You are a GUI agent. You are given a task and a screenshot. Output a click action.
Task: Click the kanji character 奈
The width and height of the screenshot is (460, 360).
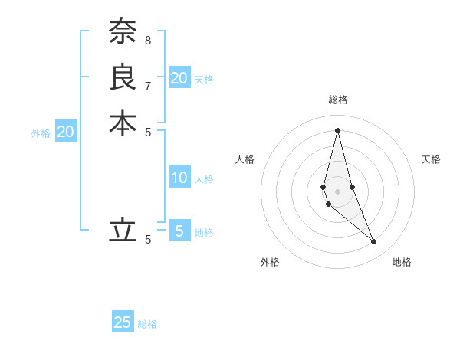[x=123, y=31]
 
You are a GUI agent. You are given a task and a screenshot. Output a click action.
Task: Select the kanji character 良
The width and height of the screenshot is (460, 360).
[x=123, y=77]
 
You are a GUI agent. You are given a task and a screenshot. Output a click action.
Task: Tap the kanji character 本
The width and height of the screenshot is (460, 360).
[x=123, y=123]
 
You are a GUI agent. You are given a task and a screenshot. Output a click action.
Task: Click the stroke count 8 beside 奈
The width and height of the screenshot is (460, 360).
[x=148, y=40]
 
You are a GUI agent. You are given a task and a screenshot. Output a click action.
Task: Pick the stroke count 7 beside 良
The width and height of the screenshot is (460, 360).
[x=148, y=86]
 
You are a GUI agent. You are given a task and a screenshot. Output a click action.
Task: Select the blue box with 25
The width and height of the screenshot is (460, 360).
[x=123, y=322]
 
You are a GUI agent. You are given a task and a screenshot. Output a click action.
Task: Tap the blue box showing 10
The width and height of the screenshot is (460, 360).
[x=179, y=178]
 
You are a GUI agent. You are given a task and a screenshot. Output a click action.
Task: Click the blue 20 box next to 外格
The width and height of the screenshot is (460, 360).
[x=66, y=132]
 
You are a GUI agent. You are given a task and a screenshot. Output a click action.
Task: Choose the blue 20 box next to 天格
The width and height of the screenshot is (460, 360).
[x=179, y=77]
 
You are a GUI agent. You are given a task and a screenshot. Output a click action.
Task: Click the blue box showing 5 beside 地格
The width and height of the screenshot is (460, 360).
[x=179, y=231]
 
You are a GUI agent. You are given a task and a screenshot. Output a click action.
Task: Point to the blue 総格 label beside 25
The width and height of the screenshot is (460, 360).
[x=147, y=324]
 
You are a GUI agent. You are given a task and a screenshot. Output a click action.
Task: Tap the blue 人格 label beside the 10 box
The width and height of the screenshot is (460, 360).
[x=204, y=179]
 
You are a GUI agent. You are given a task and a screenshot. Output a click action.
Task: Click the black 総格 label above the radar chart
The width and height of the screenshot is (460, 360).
[x=338, y=100]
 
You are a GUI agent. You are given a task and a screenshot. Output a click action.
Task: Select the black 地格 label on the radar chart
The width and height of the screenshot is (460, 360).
[x=402, y=262]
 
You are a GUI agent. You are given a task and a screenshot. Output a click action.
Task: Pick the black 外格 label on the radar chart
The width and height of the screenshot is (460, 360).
[x=270, y=262]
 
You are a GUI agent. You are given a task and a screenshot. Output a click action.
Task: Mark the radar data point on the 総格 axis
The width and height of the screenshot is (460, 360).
[x=337, y=129]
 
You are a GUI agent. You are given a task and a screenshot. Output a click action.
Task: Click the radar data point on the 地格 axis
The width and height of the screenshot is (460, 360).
[x=374, y=242]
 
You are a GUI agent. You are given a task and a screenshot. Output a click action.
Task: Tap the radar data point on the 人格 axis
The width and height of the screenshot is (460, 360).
[x=324, y=187]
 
